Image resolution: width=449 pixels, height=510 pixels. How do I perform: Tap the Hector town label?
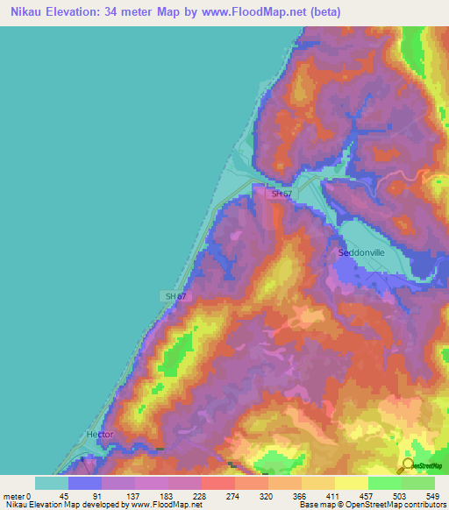[100, 435]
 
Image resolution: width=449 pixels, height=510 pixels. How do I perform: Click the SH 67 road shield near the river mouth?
[281, 194]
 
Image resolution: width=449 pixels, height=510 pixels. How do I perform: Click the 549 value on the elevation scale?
[433, 495]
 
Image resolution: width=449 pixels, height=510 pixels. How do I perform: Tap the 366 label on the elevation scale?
[301, 495]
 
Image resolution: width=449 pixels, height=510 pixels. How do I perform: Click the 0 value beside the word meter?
[29, 495]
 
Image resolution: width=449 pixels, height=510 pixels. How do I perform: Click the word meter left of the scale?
[13, 495]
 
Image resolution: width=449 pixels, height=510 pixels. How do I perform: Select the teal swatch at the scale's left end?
[52, 483]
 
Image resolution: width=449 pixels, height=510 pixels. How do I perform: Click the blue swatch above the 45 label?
[85, 483]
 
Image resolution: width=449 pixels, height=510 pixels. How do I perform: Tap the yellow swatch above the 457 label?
[351, 483]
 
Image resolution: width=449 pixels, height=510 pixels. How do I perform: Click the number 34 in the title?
[120, 12]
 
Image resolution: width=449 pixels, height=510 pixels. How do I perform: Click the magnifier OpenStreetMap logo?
[407, 464]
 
